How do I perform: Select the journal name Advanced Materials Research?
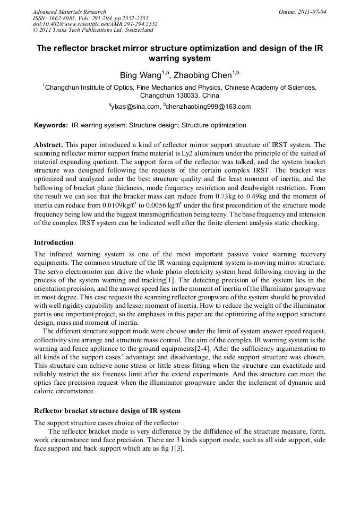[69, 12]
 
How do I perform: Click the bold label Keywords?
[51, 126]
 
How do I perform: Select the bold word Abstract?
[48, 145]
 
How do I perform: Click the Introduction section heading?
[54, 243]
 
